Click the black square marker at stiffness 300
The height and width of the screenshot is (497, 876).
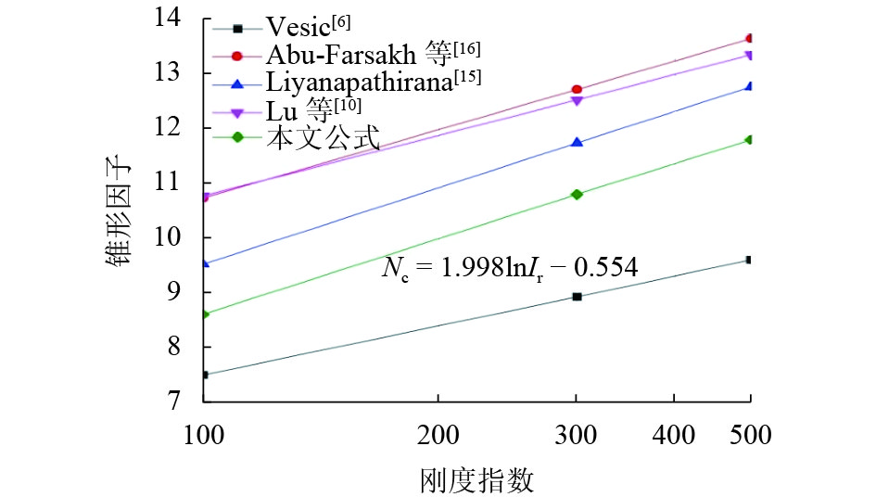[577, 297]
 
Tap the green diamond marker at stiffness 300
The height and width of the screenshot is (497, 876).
[577, 194]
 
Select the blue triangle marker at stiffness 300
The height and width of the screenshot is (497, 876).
[577, 142]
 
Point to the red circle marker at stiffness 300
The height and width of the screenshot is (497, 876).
[577, 90]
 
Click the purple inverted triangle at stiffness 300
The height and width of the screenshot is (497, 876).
[577, 100]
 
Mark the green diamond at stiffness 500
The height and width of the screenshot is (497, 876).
[750, 139]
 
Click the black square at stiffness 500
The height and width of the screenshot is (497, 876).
[750, 260]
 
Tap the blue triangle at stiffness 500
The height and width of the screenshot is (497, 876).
[750, 86]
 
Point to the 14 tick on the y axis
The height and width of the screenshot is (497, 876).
[180, 19]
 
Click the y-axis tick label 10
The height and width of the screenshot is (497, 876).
[180, 237]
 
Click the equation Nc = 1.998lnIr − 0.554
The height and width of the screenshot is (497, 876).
[510, 268]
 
